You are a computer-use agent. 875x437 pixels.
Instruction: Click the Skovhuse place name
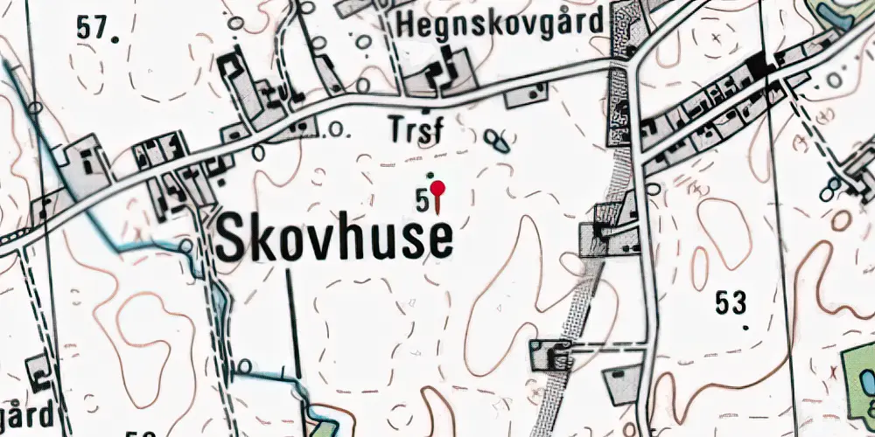(334, 237)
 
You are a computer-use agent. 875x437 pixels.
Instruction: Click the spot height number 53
(731, 303)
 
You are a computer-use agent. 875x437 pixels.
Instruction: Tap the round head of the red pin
(438, 188)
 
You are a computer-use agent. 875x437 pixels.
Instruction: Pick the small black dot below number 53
(745, 329)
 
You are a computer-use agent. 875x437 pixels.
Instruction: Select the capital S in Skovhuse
(231, 237)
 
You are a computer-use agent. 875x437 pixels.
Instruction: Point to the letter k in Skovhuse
(263, 237)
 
